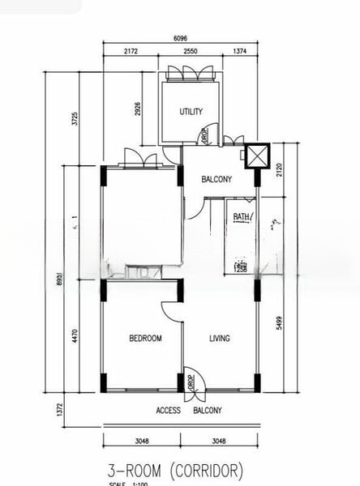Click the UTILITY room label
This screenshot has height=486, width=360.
[191, 112]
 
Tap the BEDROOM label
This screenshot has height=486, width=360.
[145, 339]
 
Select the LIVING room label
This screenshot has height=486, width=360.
[220, 339]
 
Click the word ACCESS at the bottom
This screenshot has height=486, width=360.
[168, 411]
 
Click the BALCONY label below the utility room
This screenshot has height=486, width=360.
[217, 180]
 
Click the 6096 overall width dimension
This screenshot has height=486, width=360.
[182, 38]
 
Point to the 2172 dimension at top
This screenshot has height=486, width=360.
[131, 51]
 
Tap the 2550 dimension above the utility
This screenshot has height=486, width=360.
[191, 51]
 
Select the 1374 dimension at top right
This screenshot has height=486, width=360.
[240, 51]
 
